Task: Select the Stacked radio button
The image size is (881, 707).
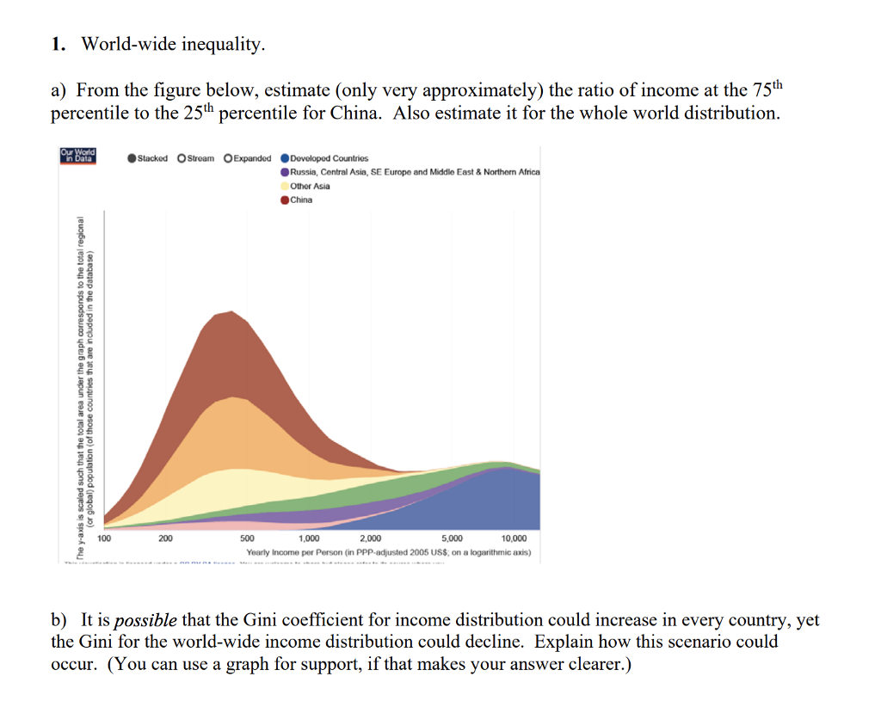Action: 131,158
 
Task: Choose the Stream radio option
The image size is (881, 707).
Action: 182,158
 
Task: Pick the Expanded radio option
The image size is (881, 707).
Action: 228,158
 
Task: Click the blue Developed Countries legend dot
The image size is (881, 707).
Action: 285,158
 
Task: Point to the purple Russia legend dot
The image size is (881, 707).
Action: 285,172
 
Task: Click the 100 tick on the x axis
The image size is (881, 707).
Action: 104,538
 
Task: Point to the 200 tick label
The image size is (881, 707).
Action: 165,538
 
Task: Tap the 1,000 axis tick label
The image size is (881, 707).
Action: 308,538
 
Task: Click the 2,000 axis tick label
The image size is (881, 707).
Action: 371,538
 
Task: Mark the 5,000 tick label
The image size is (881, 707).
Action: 452,538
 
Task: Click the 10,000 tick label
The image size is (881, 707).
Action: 514,538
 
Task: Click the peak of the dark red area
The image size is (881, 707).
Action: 230,312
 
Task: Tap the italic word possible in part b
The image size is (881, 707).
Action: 145,620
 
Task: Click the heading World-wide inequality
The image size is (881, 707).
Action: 173,45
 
